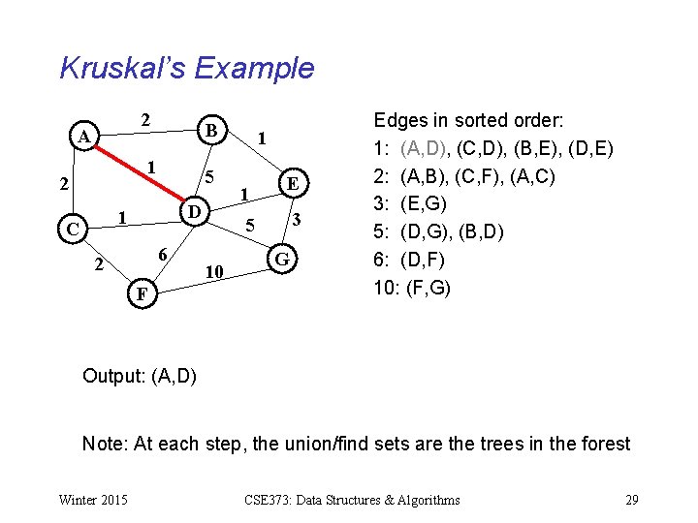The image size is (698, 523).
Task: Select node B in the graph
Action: pos(210,130)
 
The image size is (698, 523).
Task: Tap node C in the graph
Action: pos(73,230)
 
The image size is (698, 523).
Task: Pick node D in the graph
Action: pos(194,211)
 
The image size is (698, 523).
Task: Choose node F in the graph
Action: pos(142,292)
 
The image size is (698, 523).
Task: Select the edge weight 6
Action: pos(164,253)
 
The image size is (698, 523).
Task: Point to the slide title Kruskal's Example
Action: pos(187,69)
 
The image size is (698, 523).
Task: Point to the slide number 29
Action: pos(631,500)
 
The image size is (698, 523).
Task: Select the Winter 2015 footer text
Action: pos(92,500)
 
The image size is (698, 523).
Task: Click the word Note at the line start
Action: pos(102,444)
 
